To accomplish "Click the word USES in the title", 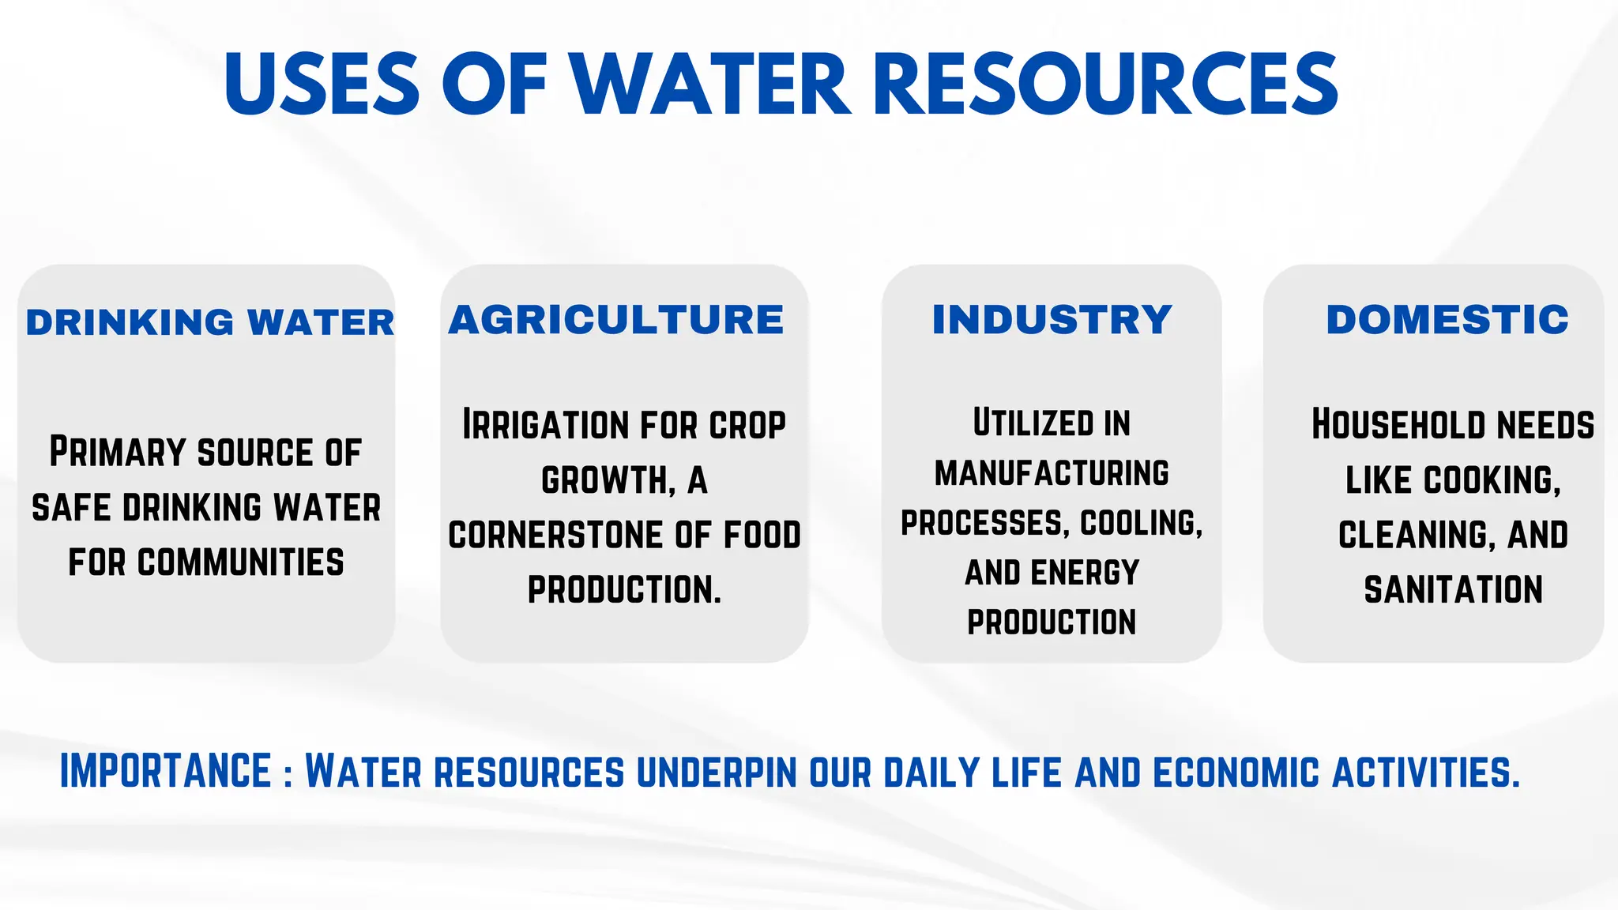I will pos(322,84).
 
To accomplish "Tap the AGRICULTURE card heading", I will pos(616,320).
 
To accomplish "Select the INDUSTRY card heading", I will pos(1052,320).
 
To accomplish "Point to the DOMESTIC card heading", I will pos(1447,320).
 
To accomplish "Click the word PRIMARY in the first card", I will pos(118,452).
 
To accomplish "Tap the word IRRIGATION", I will pos(543,425).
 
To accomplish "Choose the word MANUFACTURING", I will pos(1052,473).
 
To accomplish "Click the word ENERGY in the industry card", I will pos(1085,573).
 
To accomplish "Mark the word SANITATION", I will pos(1453,590).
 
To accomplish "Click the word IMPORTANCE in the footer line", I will pos(166,772).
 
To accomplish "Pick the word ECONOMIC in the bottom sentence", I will pos(1236,773).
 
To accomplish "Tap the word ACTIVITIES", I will pos(1425,773).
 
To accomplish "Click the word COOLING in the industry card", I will pos(1141,523).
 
